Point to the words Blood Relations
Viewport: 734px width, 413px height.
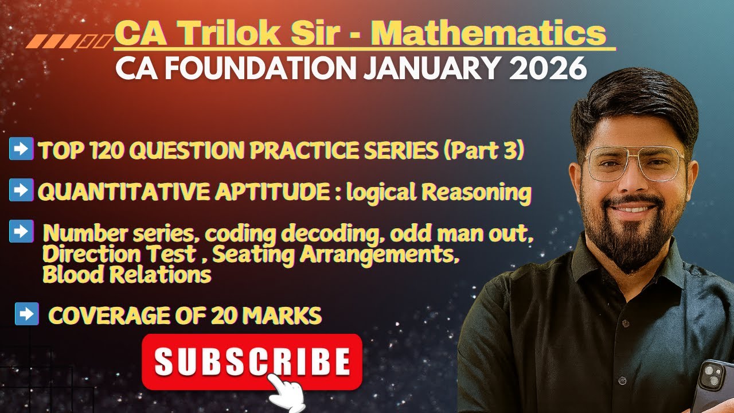click(x=127, y=275)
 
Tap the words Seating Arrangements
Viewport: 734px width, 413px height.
click(x=335, y=254)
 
